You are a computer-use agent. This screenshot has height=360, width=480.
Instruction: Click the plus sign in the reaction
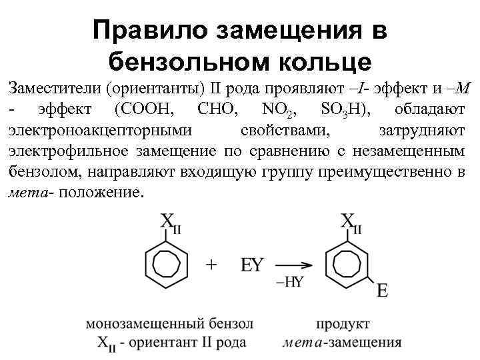click(x=212, y=265)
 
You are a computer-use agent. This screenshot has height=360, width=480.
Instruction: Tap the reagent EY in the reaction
click(x=252, y=265)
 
